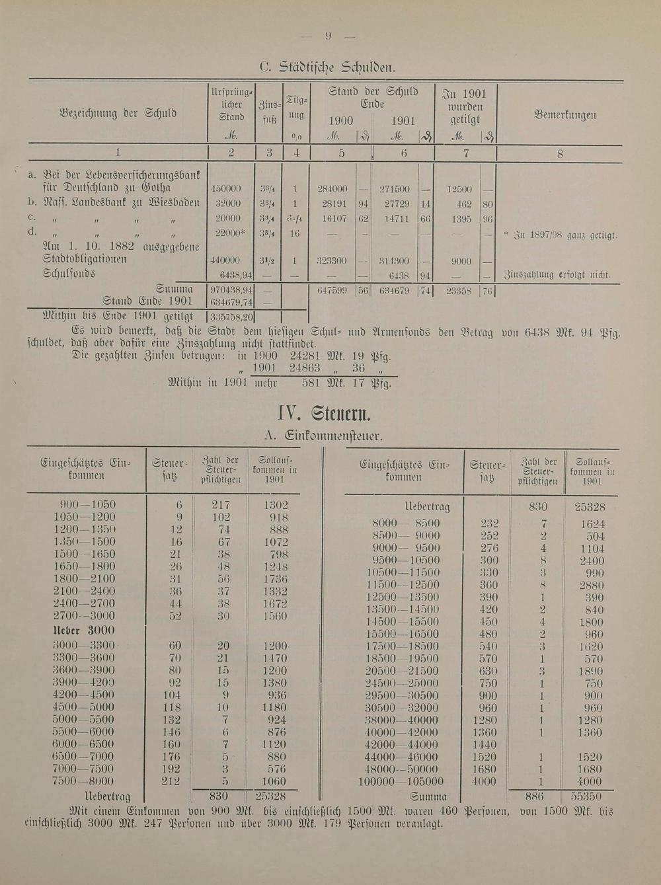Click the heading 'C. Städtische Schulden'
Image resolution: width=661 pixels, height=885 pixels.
[327, 67]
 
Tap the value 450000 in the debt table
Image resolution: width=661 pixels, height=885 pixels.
[225, 189]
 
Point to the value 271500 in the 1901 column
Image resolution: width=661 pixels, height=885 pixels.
[394, 189]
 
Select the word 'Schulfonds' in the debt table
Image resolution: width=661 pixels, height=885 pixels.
[69, 274]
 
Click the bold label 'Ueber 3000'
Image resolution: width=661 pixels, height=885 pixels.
[83, 630]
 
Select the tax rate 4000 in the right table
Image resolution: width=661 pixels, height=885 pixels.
[485, 781]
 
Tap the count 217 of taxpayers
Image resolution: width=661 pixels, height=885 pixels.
[220, 504]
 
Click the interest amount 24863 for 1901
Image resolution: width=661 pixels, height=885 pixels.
[305, 369]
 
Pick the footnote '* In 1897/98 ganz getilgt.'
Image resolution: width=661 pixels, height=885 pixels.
[560, 235]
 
